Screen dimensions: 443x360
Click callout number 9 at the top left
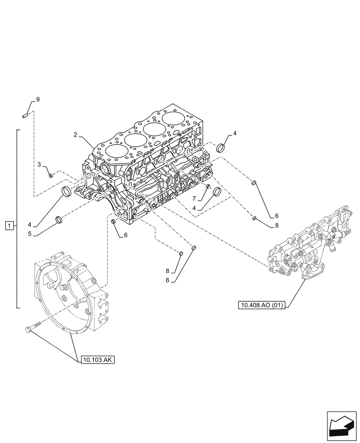[x=38, y=100]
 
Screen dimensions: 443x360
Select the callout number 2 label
[x=76, y=134]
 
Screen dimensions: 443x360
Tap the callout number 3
[x=39, y=165]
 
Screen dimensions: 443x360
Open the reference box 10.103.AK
[x=98, y=360]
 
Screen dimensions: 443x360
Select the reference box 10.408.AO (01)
[x=262, y=305]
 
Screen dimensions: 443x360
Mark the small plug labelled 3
[x=51, y=175]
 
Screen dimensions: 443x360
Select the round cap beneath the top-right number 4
[x=222, y=148]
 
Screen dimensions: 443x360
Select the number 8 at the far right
[x=277, y=225]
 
